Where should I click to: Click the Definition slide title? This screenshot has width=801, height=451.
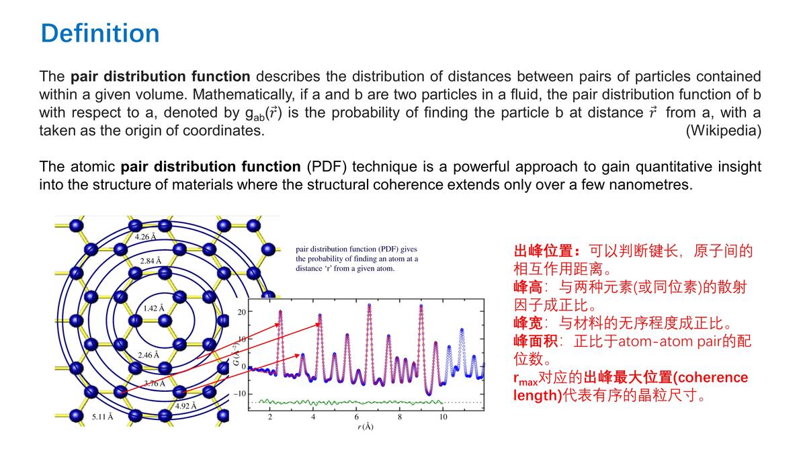point(100,33)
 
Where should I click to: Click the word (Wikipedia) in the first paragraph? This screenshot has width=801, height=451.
point(723,130)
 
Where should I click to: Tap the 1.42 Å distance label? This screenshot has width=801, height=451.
point(154,309)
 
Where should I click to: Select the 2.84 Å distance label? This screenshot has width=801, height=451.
point(151,261)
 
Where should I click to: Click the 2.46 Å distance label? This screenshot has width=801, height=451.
point(149,354)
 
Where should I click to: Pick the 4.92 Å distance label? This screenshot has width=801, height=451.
point(185,406)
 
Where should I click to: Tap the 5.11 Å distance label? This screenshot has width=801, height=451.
point(102,417)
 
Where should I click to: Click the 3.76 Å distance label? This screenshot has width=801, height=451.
point(155,383)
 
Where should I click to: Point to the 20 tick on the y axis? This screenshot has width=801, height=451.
point(242,312)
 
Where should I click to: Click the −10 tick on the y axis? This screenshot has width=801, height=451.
point(240,393)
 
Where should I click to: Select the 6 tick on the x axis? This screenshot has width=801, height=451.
point(356,417)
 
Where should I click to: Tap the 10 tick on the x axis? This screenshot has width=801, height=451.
point(443,417)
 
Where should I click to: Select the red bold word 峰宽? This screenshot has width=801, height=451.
point(528,323)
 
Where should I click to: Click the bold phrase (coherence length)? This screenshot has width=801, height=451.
point(678,386)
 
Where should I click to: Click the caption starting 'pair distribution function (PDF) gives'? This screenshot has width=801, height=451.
point(357,258)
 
